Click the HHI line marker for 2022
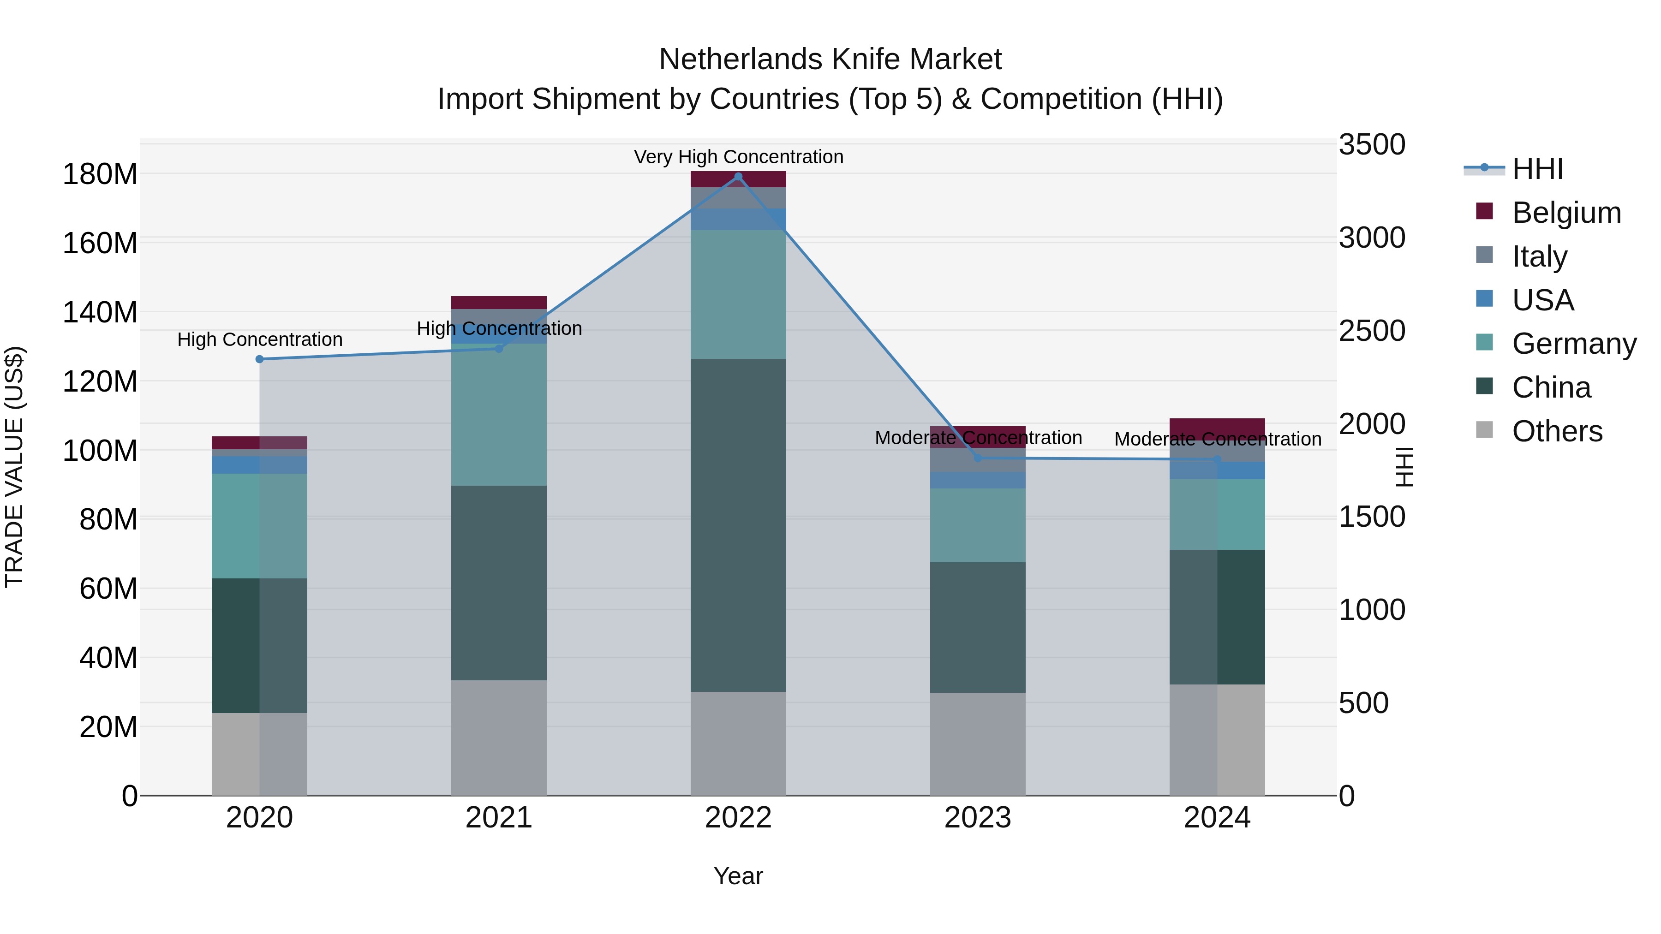click(738, 177)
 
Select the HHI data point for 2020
click(259, 359)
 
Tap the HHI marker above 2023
click(978, 458)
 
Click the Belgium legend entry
click(1565, 213)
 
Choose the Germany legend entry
click(1573, 344)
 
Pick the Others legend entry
click(1557, 431)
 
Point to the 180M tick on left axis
click(100, 174)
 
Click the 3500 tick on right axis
click(1372, 144)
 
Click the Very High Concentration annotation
click(738, 157)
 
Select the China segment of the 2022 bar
click(738, 525)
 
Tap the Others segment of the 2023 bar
click(978, 744)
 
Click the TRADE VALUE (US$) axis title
click(14, 467)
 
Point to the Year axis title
click(738, 876)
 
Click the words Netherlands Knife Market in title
click(830, 59)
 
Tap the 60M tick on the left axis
click(108, 589)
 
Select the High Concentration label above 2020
click(259, 339)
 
